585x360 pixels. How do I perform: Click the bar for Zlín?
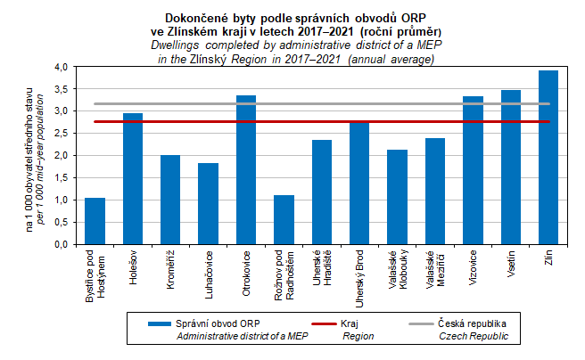[x=548, y=157]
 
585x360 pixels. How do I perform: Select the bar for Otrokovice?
[x=246, y=169]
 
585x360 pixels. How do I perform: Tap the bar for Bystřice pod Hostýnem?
[x=95, y=221]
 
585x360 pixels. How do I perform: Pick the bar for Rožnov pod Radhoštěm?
[x=284, y=219]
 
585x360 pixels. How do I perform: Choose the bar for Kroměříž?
[x=170, y=200]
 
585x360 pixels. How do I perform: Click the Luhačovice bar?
[x=208, y=203]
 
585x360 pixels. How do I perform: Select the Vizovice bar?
[x=473, y=169]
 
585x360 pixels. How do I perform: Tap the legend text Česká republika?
[x=473, y=324]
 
